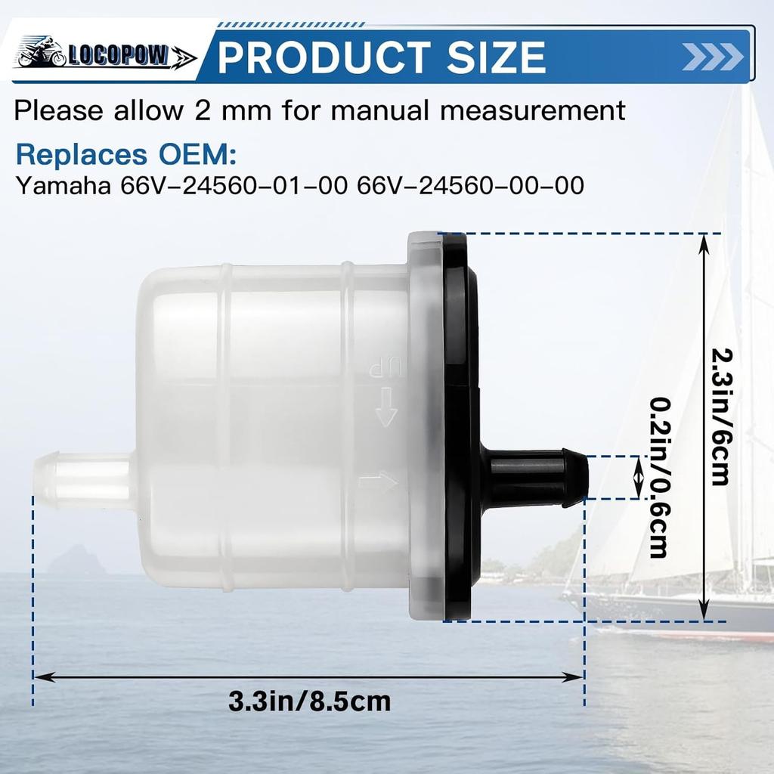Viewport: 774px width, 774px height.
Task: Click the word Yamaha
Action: (x=64, y=186)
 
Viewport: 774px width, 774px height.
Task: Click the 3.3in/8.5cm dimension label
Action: (x=310, y=701)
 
